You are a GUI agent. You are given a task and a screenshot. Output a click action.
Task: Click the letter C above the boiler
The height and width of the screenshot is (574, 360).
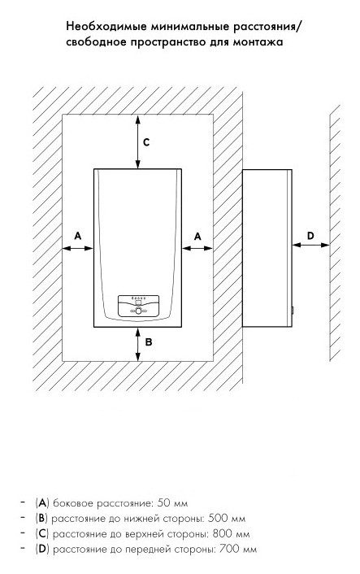146,142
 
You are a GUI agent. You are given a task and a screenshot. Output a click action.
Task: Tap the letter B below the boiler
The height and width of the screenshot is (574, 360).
149,342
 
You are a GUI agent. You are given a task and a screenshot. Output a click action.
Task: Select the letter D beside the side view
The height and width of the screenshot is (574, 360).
310,236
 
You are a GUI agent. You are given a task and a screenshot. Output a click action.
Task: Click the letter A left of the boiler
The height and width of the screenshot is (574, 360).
77,236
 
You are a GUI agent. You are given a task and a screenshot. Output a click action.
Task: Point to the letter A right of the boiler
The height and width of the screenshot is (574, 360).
197,237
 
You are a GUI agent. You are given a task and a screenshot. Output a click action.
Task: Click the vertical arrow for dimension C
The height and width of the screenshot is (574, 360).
137,141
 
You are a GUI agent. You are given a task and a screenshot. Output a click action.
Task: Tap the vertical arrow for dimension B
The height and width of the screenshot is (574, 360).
137,344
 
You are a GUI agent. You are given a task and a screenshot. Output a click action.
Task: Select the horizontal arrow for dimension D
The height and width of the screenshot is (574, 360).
310,245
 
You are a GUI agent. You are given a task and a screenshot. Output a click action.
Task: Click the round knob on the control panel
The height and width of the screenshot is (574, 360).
138,311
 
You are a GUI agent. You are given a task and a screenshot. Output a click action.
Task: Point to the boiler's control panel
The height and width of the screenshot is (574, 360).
138,306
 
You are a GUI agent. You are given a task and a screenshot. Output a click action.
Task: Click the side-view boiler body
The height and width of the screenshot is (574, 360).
267,248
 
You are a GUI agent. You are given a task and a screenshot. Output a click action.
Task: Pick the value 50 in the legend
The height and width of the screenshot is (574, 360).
164,503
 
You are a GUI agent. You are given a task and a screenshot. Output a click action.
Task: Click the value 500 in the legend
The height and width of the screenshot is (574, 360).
218,519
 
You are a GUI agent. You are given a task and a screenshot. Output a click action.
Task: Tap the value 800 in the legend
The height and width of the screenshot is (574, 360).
222,533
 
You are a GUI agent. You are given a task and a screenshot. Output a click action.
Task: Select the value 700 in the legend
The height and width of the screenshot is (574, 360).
228,549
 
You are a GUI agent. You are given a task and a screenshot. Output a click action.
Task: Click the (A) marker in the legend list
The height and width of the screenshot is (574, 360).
42,503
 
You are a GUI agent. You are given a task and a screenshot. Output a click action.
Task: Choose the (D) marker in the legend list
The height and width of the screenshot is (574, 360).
42,549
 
